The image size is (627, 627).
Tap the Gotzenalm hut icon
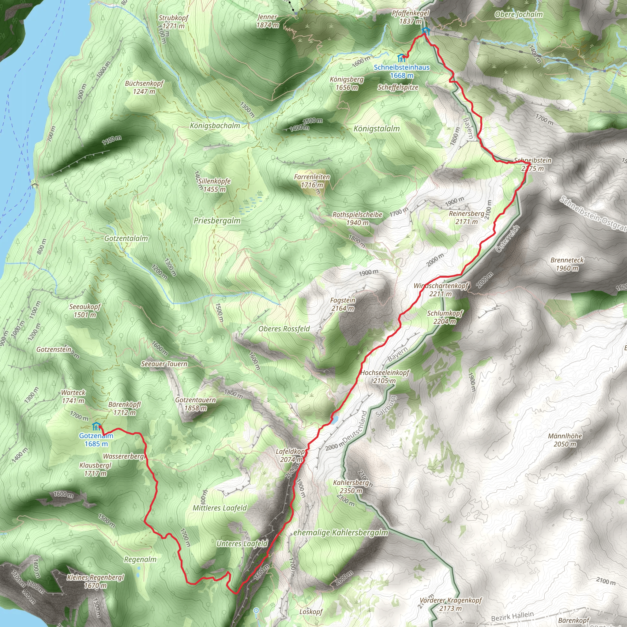(x=96, y=426)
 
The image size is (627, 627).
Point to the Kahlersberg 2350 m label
(x=351, y=486)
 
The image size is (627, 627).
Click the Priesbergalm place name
(x=217, y=221)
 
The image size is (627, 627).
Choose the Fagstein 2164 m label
(x=343, y=304)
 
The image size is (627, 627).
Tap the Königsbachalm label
(x=215, y=126)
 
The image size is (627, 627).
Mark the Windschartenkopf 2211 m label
(x=441, y=290)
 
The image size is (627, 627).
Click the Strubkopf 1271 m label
(x=173, y=22)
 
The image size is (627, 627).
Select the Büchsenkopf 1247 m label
(x=144, y=87)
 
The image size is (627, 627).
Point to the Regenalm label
(x=140, y=560)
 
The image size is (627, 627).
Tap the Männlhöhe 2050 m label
(x=565, y=440)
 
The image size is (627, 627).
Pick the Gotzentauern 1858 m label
(x=195, y=404)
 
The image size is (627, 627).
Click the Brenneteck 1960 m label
(x=567, y=264)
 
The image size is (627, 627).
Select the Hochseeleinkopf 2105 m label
(x=385, y=377)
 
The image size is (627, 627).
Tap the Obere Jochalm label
(x=519, y=14)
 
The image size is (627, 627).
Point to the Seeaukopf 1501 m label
(x=85, y=310)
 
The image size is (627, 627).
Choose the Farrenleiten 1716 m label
(x=312, y=181)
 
